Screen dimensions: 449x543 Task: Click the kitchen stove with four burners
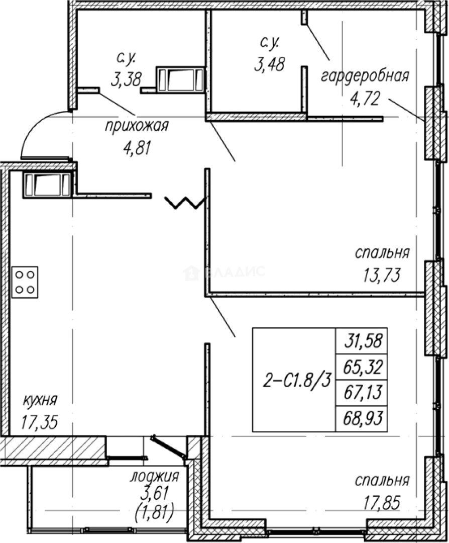[x=25, y=282]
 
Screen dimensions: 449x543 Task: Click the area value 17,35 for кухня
[x=40, y=422]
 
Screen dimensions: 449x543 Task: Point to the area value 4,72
[x=365, y=99]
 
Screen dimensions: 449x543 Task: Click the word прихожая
[x=137, y=126]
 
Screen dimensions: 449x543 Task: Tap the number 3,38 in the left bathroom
[x=126, y=79]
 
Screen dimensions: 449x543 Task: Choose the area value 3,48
[x=270, y=64]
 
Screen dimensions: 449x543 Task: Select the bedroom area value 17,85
[x=382, y=502]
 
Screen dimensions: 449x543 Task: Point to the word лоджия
[x=155, y=477]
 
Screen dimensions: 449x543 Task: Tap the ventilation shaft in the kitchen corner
[x=47, y=185]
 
